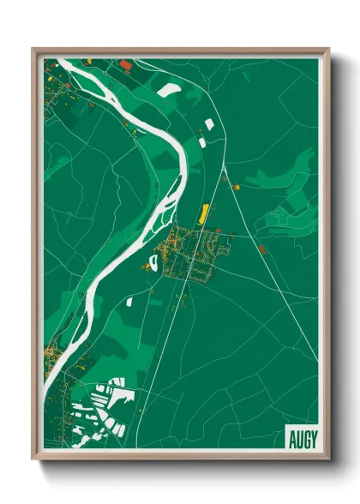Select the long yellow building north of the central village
click(x=204, y=213)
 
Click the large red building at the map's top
click(x=126, y=63)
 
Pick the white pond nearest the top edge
click(x=170, y=88)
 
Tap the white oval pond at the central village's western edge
click(x=153, y=263)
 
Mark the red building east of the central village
click(x=261, y=248)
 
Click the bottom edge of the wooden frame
click(x=180, y=458)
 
